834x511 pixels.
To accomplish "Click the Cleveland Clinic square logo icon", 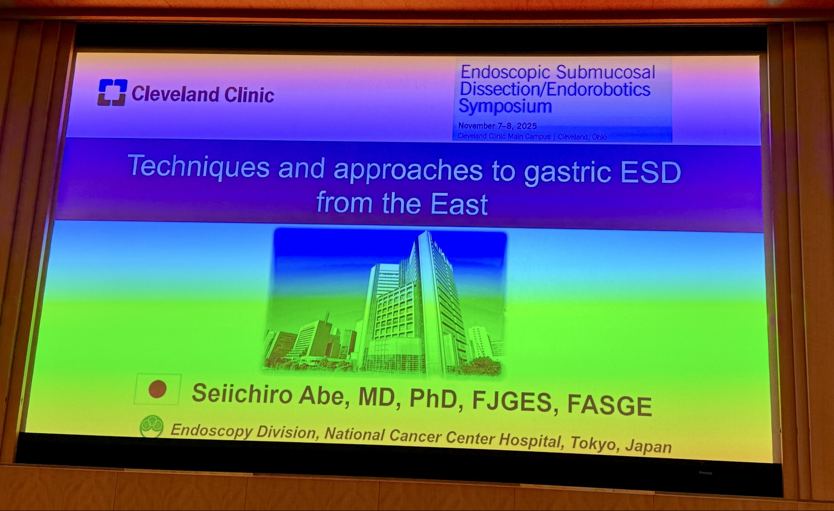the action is tap(112, 92).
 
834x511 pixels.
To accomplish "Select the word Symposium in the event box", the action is tap(505, 107).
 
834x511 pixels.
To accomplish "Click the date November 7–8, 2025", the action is tap(497, 126).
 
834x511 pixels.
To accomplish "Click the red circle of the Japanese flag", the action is tap(157, 389).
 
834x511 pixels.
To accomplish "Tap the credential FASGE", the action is tap(610, 405).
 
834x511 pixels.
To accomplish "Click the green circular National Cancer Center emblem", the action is tap(151, 427).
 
